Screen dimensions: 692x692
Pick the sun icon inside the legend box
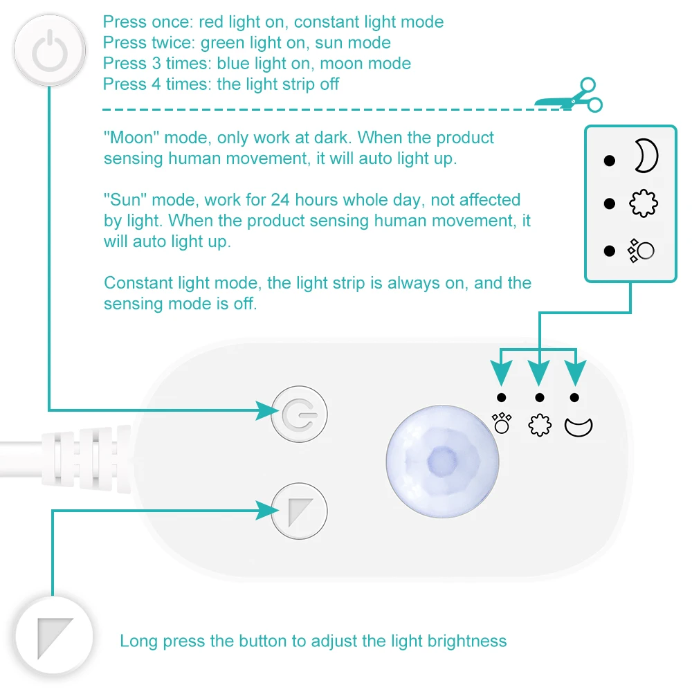pyautogui.click(x=643, y=203)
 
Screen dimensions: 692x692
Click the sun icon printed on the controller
pyautogui.click(x=540, y=425)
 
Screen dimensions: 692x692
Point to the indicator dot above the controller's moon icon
pyautogui.click(x=575, y=397)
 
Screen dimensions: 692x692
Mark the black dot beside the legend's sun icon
pyautogui.click(x=609, y=203)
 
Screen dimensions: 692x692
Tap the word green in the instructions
pyautogui.click(x=223, y=43)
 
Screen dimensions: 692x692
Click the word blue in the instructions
pyautogui.click(x=233, y=64)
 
